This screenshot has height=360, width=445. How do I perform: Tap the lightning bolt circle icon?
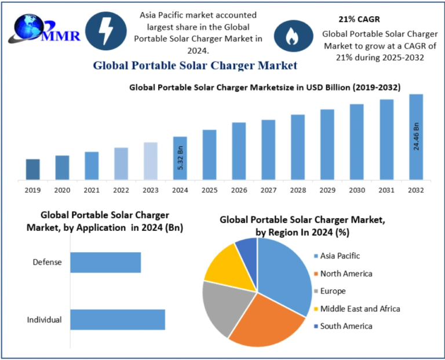coord(106,32)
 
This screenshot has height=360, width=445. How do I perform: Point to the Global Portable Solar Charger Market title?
coord(195,65)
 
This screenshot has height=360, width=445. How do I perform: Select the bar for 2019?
coord(33,169)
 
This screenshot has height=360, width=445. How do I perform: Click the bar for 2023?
coord(151,160)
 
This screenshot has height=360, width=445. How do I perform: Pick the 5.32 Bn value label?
coord(180,158)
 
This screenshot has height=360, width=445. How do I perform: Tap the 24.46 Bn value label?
coord(416,137)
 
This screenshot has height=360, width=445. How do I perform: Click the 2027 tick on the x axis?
coord(268,190)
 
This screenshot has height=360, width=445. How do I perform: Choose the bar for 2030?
coord(356,141)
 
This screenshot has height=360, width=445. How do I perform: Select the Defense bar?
coord(105,262)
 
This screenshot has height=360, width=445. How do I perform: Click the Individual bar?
coord(118,319)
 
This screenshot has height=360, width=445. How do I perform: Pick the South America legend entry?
coord(346,326)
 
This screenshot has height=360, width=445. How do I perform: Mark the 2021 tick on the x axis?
coord(92,190)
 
